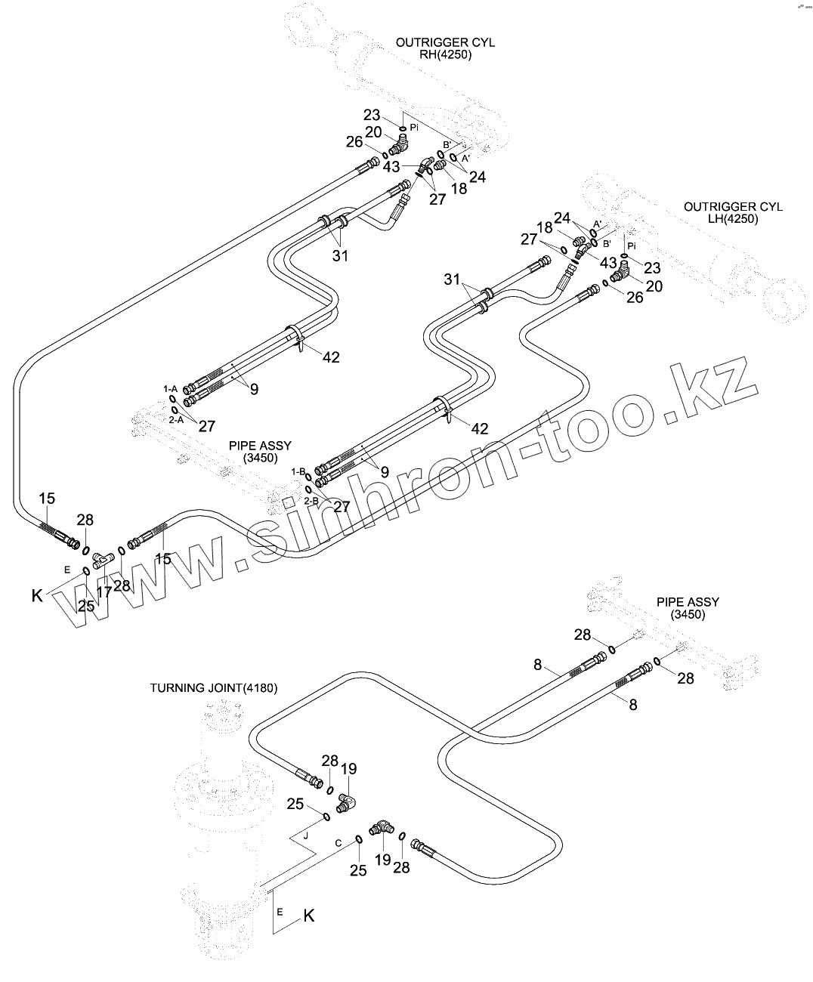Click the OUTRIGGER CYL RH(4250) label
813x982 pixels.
click(x=445, y=48)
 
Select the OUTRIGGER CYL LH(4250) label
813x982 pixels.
click(x=733, y=212)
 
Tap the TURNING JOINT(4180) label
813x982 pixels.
click(x=214, y=688)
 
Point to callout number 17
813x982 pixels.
click(x=104, y=592)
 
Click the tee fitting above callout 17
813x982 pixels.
click(x=102, y=560)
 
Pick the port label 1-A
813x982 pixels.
click(x=171, y=388)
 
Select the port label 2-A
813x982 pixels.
click(x=175, y=419)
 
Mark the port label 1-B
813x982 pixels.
click(x=298, y=471)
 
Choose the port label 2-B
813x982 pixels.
click(x=311, y=500)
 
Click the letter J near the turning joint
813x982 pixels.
click(x=306, y=836)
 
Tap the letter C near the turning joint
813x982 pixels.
click(x=338, y=842)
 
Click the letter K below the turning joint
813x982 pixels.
click(x=308, y=916)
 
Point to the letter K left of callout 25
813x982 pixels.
click(x=37, y=596)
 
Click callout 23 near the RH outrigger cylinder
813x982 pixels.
click(x=372, y=116)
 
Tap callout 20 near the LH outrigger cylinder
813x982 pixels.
click(x=654, y=286)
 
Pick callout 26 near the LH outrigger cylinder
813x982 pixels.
click(x=635, y=298)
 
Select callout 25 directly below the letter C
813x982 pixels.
click(x=358, y=870)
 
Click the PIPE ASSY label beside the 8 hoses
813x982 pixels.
click(x=688, y=608)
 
